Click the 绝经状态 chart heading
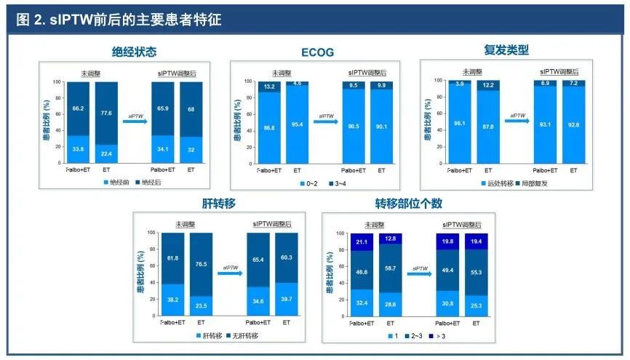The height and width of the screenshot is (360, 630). tap(134, 52)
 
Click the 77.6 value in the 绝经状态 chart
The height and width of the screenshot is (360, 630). tap(106, 113)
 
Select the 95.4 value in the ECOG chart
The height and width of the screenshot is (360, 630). tap(297, 125)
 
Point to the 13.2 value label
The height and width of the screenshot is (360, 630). tap(268, 87)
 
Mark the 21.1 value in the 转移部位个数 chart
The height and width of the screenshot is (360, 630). tap(362, 241)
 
